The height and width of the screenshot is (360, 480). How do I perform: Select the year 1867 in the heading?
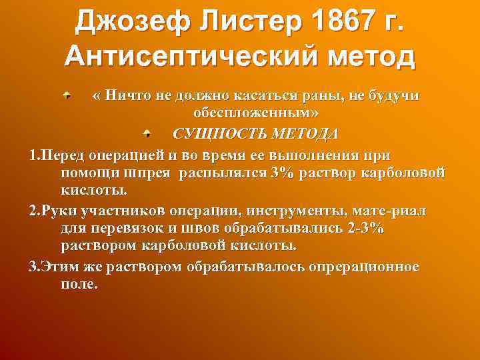click(x=339, y=22)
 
